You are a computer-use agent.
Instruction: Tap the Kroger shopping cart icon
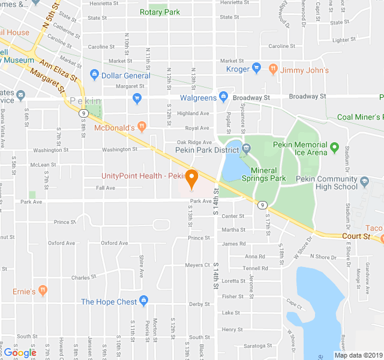[x=257, y=68]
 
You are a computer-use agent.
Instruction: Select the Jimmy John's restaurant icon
[x=273, y=68]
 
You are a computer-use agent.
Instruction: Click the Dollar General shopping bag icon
[x=94, y=75]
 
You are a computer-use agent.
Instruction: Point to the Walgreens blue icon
[x=224, y=97]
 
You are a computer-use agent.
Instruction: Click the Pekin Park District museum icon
[x=247, y=148]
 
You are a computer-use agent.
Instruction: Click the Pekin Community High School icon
[x=364, y=180]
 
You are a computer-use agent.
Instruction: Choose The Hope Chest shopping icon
[x=143, y=301]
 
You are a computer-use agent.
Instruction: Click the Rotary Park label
[x=160, y=12]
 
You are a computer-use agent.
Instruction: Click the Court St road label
[x=357, y=236]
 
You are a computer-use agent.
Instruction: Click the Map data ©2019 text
[x=358, y=355]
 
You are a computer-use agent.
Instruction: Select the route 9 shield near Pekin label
[x=83, y=113]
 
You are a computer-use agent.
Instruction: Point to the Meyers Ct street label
[x=197, y=265]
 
